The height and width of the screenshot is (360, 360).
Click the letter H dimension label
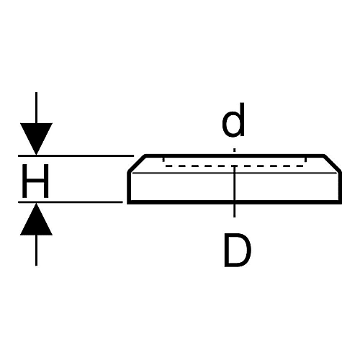coord(35,181)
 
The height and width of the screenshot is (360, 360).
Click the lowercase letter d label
coord(233,120)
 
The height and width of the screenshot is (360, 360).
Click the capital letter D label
coord(238,250)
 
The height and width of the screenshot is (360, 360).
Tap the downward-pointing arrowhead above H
coord(36,139)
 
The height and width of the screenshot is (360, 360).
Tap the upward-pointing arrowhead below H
coord(36,219)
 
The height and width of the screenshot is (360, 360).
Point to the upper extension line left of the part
coord(76,156)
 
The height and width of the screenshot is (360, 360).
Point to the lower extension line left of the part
coord(71,202)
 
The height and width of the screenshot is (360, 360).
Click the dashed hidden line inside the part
coord(234,166)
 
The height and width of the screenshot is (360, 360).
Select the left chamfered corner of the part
coord(137,163)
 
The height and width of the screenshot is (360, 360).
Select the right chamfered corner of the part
coord(333,163)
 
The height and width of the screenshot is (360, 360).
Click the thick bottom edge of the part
coord(234,202)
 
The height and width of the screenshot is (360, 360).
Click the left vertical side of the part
coord(129,186)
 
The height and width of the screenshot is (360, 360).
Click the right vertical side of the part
coord(340,186)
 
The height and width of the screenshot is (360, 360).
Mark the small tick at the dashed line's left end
coord(163,160)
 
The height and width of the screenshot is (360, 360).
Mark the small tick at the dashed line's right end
coord(305,160)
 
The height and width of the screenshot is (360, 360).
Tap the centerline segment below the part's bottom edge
coord(235,211)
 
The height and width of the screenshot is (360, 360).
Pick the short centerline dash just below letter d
coord(235,150)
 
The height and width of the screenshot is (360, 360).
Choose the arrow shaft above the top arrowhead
coord(36,108)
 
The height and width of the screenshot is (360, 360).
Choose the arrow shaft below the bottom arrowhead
coord(36,251)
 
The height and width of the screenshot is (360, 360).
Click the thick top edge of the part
coord(235,156)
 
